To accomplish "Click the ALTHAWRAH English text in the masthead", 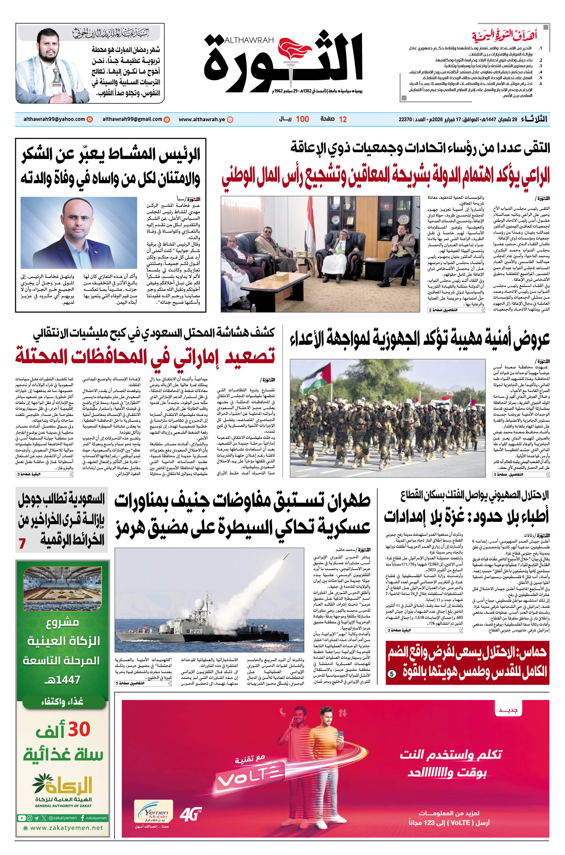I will (249, 40).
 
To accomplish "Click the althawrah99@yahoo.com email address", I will (54, 119).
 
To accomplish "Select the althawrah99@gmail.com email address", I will (132, 119).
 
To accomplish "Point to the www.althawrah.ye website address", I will (202, 119).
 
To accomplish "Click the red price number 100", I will (302, 119).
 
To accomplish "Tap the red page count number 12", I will (343, 119).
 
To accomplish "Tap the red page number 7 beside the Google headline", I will (22, 544).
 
